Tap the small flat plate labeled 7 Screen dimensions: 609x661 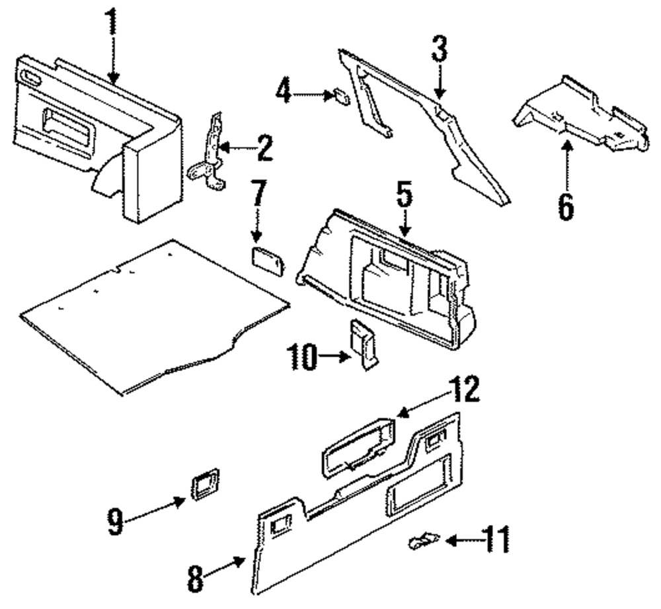coord(268,263)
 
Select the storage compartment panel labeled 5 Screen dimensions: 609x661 coord(390,278)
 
